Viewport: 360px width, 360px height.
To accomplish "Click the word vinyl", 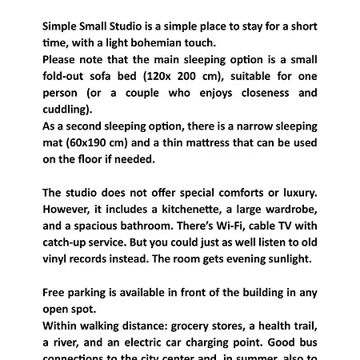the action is pos(57,259).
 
